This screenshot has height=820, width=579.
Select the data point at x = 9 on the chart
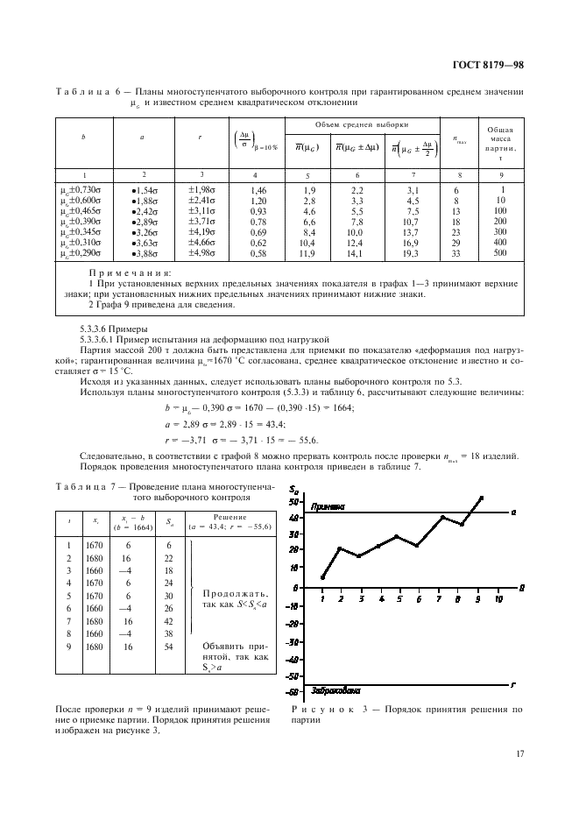coord(481,498)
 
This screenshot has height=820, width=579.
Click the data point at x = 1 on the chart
coord(322,577)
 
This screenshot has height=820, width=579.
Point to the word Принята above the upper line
coord(319,506)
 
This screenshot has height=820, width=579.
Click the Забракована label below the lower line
coord(325,689)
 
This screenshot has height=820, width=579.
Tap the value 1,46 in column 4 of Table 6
coord(258,189)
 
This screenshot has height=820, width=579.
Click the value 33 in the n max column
coord(456,252)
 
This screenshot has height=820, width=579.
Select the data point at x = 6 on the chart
coord(418,545)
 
